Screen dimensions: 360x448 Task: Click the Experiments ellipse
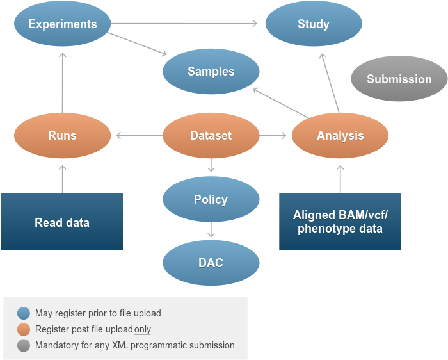[x=63, y=24]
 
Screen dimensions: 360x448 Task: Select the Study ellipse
[x=314, y=24]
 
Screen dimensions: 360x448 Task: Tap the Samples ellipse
[x=211, y=72]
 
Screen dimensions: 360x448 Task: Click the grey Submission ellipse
[x=399, y=79]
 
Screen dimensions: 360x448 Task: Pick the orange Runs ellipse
[x=63, y=135]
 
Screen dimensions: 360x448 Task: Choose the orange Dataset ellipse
[x=211, y=135]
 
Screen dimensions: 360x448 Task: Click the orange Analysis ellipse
[x=340, y=135]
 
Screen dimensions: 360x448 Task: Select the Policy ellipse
[x=211, y=199]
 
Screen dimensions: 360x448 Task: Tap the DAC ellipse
[x=211, y=263]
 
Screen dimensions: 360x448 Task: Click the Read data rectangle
[x=61, y=222]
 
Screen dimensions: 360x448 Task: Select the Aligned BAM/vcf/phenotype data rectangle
[x=340, y=222]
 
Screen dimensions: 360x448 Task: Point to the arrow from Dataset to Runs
[x=138, y=135]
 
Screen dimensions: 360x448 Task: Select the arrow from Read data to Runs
[x=63, y=178]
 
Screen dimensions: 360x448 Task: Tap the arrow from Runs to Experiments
[x=63, y=82]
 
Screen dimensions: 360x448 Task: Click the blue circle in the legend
[x=24, y=313]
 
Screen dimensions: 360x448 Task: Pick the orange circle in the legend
[x=24, y=329]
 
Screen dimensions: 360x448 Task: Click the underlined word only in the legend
[x=143, y=329]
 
